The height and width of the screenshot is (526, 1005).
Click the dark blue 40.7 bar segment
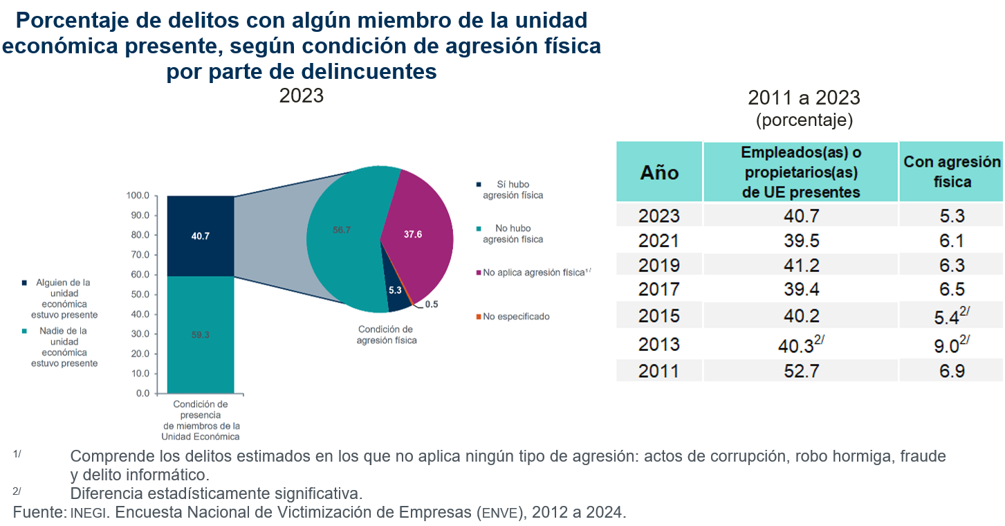201,236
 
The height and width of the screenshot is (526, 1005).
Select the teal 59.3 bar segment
201,335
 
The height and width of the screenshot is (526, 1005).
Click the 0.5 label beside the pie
432,304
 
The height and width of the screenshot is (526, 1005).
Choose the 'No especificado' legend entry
516,316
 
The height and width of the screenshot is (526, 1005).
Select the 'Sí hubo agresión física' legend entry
513,190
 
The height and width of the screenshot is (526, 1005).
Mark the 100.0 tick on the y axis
138,196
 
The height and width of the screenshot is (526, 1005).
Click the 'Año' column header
659,172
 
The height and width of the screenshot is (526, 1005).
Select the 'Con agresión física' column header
951,172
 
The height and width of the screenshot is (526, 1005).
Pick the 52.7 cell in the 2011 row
800,371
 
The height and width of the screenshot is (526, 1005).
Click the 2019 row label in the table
659,265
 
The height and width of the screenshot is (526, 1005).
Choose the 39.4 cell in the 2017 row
800,289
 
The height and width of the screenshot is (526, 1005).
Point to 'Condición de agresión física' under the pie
386,334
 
